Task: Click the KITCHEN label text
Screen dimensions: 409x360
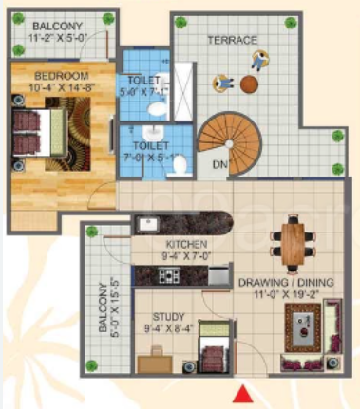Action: tap(180, 244)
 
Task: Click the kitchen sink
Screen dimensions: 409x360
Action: tap(149, 225)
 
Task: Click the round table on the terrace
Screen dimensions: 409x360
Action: tap(249, 84)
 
